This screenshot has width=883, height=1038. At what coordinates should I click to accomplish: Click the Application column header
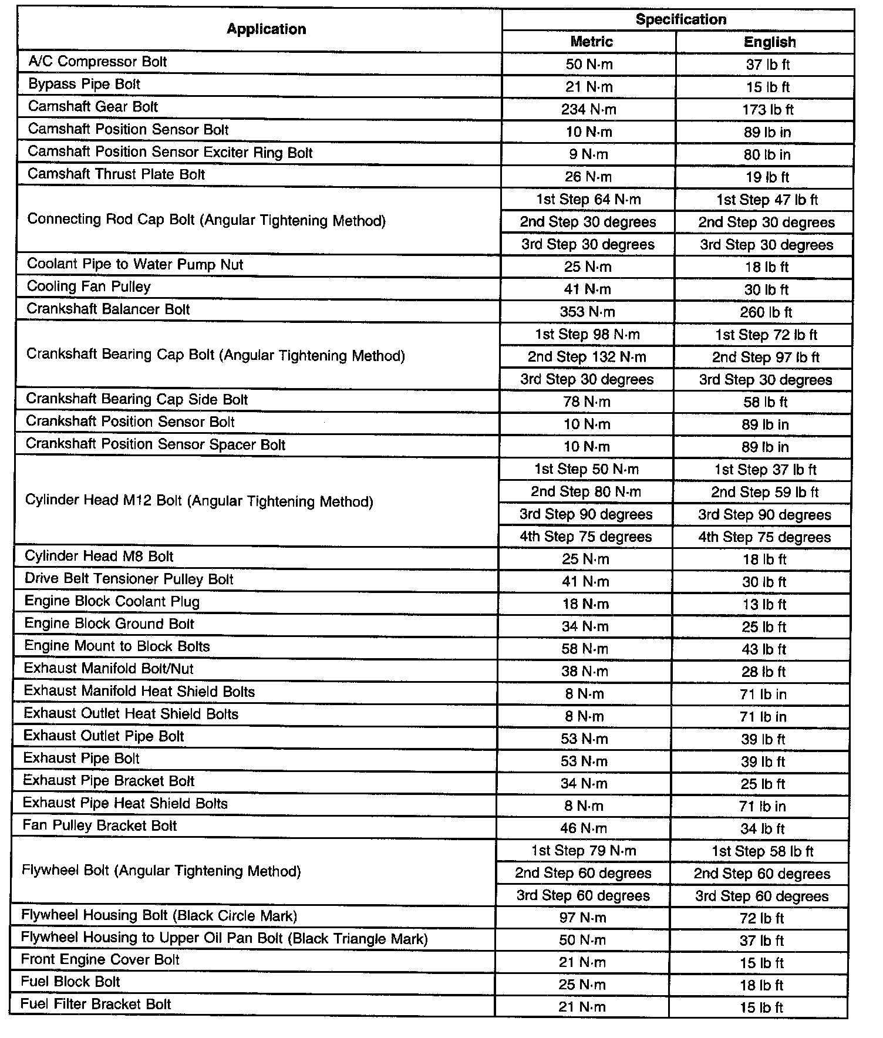point(266,29)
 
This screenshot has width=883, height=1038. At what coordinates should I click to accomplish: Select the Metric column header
point(591,42)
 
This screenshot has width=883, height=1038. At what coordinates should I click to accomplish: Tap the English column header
point(769,42)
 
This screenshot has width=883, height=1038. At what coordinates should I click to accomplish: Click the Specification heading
point(680,19)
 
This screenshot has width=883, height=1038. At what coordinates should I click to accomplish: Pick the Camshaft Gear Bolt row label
point(93,107)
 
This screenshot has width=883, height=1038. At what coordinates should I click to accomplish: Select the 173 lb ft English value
point(769,110)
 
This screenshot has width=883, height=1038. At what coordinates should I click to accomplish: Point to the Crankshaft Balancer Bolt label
point(109,309)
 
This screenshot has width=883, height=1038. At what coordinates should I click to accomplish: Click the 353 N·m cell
point(587,312)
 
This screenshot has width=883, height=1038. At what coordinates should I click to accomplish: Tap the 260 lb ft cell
point(766,312)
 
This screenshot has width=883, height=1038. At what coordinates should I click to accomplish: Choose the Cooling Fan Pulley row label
point(89,287)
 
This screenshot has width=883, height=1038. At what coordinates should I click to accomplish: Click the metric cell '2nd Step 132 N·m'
point(587,357)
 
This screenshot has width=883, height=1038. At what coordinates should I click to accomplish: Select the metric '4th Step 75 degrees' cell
point(585,537)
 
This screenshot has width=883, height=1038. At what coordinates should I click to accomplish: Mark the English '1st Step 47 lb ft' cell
point(767,200)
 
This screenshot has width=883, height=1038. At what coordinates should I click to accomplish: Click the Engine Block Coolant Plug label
point(112,602)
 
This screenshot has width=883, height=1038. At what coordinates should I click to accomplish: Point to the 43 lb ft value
point(763,649)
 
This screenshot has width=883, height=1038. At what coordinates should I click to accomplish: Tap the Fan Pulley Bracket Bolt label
point(100,825)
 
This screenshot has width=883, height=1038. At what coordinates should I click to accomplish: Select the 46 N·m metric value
point(584,828)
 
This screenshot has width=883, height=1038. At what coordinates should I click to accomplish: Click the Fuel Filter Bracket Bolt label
point(96,1005)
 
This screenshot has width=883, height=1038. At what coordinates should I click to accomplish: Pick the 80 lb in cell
point(767,154)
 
